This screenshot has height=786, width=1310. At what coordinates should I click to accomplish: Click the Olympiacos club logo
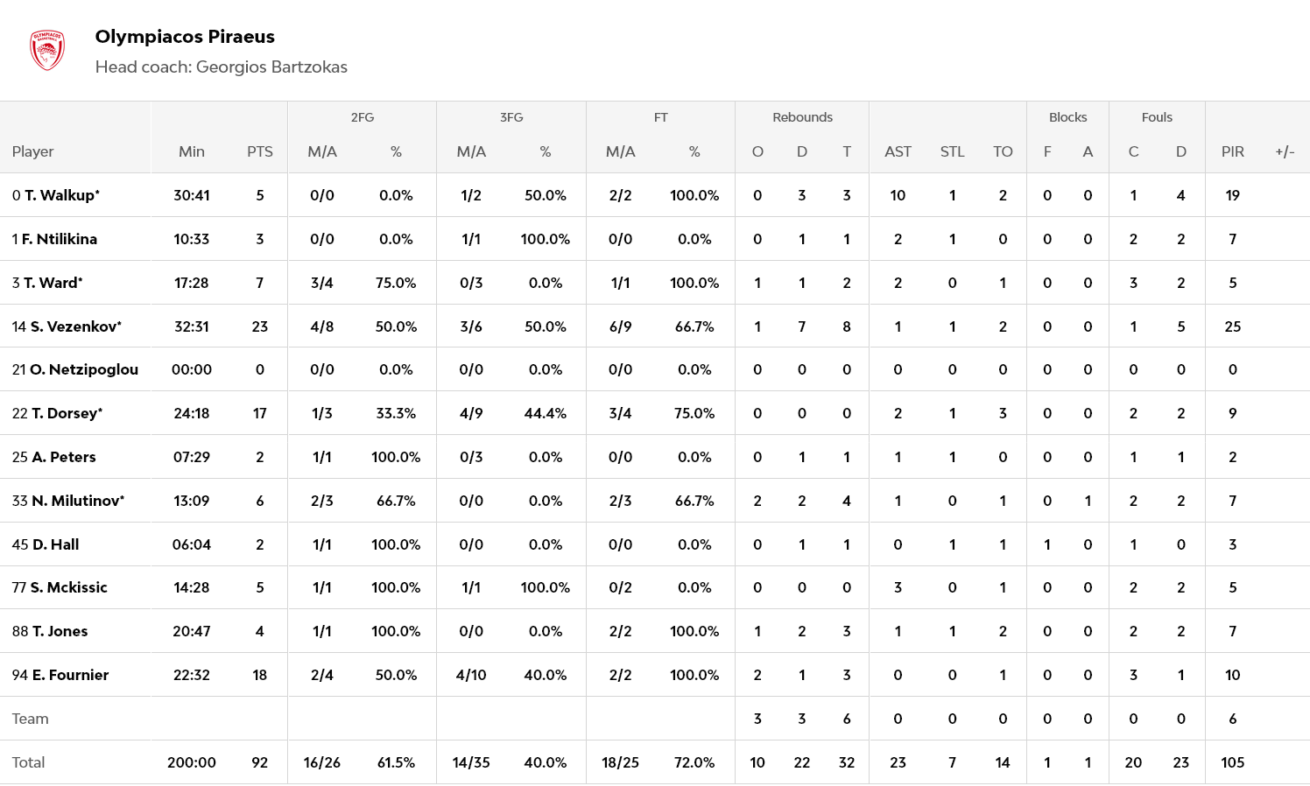[x=47, y=51]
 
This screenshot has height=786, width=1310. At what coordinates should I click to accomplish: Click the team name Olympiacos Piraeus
[x=185, y=37]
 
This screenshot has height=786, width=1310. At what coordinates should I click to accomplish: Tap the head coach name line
[x=221, y=67]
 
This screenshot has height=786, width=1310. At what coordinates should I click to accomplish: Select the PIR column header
[x=1232, y=151]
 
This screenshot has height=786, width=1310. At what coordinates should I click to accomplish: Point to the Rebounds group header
[x=802, y=117]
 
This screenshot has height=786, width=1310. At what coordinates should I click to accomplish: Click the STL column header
[x=952, y=151]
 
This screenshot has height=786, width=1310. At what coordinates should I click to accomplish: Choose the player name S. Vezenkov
[x=75, y=326]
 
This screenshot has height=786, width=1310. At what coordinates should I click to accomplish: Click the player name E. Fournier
[x=70, y=675]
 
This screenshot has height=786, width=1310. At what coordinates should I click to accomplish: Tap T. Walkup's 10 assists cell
[x=898, y=195]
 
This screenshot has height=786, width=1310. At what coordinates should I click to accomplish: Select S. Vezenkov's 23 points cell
[x=260, y=326]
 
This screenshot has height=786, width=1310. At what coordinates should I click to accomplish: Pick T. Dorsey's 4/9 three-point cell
[x=471, y=413]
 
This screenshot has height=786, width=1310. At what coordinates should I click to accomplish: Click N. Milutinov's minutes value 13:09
[x=192, y=501]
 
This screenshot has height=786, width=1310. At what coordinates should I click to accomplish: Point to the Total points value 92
[x=260, y=762]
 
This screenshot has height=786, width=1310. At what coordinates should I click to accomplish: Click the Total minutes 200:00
[x=192, y=762]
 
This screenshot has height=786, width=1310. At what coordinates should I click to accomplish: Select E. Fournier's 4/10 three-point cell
[x=471, y=675]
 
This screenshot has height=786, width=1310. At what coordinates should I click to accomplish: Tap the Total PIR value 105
[x=1232, y=762]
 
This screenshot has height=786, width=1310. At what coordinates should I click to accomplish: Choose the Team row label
[x=31, y=719]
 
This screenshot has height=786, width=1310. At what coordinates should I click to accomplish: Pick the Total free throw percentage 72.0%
[x=694, y=762]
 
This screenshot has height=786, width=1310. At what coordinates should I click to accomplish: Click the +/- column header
[x=1285, y=151]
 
